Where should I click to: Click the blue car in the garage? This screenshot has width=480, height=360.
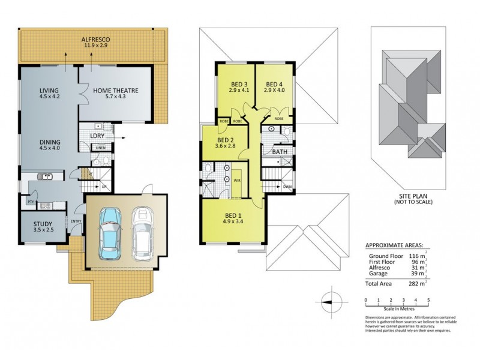pyautogui.click(x=109, y=229)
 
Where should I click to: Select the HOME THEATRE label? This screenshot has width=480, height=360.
pyautogui.click(x=116, y=91)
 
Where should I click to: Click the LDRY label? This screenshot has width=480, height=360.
pyautogui.click(x=97, y=136)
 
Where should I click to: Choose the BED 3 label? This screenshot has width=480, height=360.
pyautogui.click(x=239, y=84)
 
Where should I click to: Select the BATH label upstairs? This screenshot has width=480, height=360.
pyautogui.click(x=279, y=152)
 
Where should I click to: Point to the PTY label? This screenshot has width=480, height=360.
pyautogui.click(x=30, y=203)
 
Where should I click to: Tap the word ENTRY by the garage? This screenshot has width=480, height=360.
pyautogui.click(x=76, y=221)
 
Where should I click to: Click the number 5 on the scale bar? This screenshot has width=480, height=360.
pyautogui.click(x=428, y=299)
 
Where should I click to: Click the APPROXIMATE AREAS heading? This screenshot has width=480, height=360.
pyautogui.click(x=394, y=245)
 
